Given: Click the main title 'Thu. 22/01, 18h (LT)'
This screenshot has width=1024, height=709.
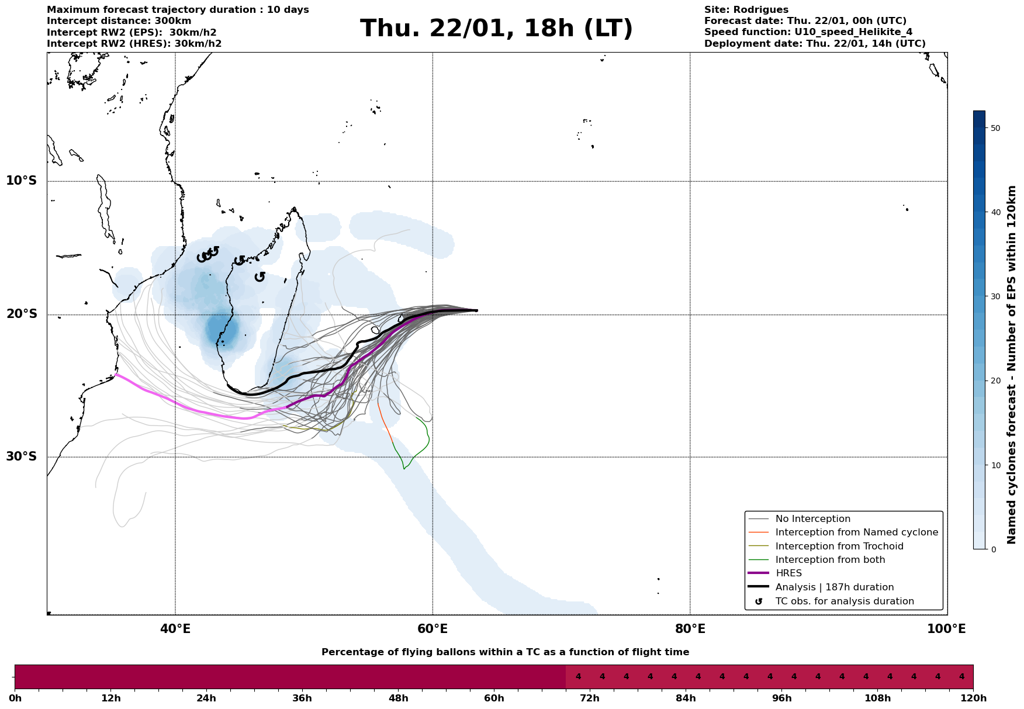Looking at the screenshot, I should [496, 29].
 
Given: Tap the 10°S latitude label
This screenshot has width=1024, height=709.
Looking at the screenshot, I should [22, 181].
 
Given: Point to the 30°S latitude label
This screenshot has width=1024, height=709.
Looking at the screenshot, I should [22, 456].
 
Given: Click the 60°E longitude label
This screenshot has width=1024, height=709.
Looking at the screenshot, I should [433, 629].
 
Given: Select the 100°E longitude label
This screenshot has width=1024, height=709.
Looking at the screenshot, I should [946, 629].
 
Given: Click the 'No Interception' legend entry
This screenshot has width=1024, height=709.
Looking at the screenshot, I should [812, 519].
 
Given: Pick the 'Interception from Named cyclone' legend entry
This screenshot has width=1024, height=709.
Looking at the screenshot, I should [856, 532].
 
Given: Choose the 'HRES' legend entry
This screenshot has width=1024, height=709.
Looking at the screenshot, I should [788, 573].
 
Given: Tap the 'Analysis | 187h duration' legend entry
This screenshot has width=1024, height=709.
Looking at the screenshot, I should [834, 587].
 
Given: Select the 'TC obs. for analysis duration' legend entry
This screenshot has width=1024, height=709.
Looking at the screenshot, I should [844, 601].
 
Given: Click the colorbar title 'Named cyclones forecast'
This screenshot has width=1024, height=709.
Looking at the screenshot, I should [1012, 365].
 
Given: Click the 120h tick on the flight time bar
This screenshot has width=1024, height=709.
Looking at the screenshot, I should [973, 698].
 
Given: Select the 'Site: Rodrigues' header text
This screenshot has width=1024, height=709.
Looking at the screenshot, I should [746, 10].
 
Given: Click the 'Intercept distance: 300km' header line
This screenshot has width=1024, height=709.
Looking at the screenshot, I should [119, 21].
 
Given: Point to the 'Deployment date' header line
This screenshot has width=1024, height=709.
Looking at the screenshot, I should [815, 44].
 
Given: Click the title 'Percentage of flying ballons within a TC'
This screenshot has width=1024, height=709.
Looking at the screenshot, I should [505, 652].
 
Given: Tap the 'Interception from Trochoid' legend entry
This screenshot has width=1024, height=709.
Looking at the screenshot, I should [839, 547].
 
